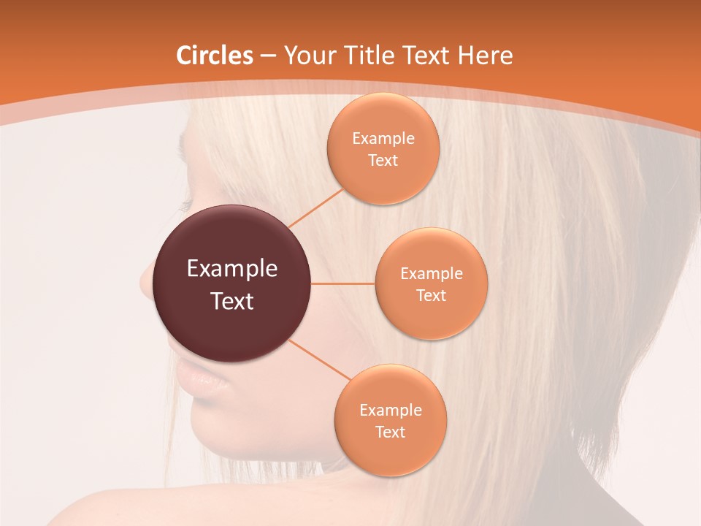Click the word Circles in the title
coord(214,56)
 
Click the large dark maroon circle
coord(231,284)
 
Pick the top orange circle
coord(383,148)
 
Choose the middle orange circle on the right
coord(431,283)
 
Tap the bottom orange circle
coord(390,420)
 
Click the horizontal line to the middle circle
coord(342,283)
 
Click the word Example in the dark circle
coord(231,269)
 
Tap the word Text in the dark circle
coord(231,301)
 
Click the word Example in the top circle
coord(383,138)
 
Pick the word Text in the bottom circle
coord(390,432)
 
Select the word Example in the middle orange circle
coord(431,273)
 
